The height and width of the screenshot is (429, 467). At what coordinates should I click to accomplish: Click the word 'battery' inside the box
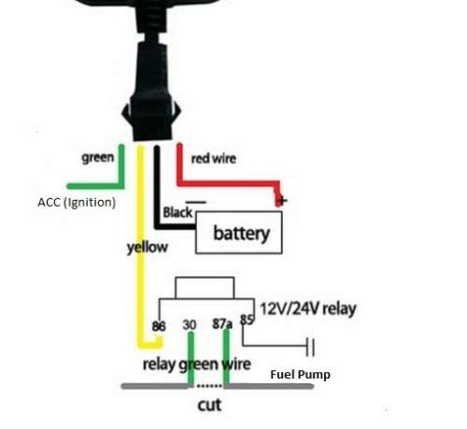pyautogui.click(x=241, y=234)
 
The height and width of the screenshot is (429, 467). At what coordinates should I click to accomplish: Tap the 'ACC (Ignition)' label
pyautogui.click(x=77, y=203)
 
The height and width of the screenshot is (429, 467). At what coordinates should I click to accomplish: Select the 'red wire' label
pyautogui.click(x=213, y=159)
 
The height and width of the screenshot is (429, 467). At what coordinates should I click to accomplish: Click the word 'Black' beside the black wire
pyautogui.click(x=177, y=212)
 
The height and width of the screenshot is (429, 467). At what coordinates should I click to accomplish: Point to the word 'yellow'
pyautogui.click(x=148, y=248)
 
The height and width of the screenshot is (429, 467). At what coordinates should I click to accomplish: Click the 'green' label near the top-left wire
pyautogui.click(x=97, y=158)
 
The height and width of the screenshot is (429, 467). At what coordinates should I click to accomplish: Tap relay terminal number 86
pyautogui.click(x=159, y=326)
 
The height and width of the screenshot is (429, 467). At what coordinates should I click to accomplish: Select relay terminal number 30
pyautogui.click(x=190, y=325)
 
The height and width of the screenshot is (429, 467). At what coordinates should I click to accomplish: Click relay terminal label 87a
pyautogui.click(x=222, y=324)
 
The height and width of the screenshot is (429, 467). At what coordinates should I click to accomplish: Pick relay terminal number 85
pyautogui.click(x=248, y=320)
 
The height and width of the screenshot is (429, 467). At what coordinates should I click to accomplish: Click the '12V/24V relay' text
pyautogui.click(x=308, y=308)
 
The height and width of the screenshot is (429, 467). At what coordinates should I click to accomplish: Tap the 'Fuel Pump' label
pyautogui.click(x=300, y=375)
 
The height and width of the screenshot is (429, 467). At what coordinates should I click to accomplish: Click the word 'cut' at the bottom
pyautogui.click(x=209, y=405)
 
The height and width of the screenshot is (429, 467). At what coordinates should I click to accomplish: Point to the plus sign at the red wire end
pyautogui.click(x=282, y=201)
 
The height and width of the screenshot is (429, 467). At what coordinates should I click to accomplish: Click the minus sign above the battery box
pyautogui.click(x=196, y=202)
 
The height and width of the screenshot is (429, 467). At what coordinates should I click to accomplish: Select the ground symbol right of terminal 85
pyautogui.click(x=310, y=347)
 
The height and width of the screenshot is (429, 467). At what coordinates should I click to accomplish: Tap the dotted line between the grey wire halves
pyautogui.click(x=209, y=386)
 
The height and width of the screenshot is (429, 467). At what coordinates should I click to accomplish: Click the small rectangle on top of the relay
pyautogui.click(x=205, y=288)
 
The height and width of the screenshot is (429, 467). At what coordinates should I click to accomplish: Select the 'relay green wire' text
pyautogui.click(x=196, y=364)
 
